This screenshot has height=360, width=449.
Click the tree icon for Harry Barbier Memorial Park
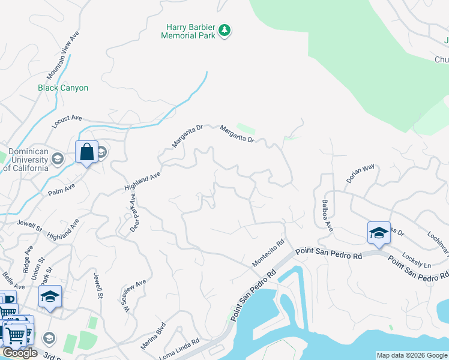tap(224, 30)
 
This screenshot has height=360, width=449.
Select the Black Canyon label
tap(63, 88)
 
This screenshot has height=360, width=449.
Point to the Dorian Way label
tap(360, 173)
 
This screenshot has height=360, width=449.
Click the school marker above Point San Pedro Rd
tap(379, 233)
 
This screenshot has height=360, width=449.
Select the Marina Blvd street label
tap(153, 337)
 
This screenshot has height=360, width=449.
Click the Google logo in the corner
tap(20, 353)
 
